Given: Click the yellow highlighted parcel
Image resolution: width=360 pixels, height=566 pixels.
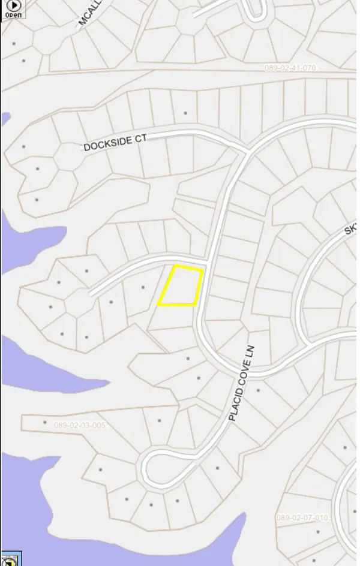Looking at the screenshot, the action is [180, 286].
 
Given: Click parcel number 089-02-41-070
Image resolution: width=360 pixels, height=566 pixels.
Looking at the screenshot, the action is [290, 68].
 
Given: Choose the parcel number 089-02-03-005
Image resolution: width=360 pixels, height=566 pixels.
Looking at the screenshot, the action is [80, 426].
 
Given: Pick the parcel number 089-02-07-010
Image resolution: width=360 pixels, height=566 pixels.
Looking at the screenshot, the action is [302, 517].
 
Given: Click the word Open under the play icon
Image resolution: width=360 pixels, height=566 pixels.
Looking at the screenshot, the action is [13, 14].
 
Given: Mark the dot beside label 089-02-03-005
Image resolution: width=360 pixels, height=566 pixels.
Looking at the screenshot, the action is [45, 422].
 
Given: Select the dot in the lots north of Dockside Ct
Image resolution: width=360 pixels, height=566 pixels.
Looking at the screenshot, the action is [185, 113].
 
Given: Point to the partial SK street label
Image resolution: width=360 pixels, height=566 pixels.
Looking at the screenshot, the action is [350, 230].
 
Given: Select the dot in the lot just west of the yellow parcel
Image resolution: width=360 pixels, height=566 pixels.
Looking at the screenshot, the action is [143, 288].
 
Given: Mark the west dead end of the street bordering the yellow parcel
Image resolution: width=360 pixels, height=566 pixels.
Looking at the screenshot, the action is [92, 294].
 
